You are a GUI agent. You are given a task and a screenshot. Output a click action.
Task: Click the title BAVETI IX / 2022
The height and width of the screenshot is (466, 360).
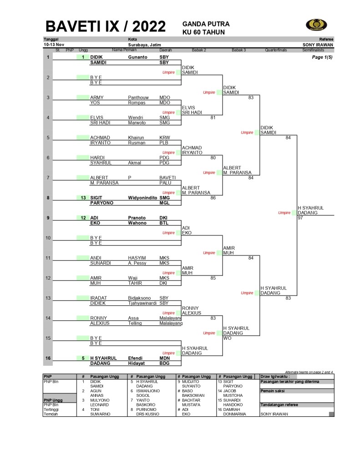[106, 27]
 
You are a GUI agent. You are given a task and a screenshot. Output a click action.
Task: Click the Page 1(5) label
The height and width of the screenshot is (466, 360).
[322, 58]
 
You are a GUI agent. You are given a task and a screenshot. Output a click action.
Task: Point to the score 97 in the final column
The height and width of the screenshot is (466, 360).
[300, 218]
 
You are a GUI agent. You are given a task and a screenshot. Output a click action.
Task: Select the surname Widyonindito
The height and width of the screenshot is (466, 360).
[143, 198]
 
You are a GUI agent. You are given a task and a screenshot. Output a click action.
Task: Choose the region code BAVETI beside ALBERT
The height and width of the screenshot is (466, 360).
[167, 178]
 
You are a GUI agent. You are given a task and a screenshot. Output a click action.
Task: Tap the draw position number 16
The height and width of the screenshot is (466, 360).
[48, 358]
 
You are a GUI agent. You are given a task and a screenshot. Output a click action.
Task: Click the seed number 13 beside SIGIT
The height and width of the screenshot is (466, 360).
[83, 198]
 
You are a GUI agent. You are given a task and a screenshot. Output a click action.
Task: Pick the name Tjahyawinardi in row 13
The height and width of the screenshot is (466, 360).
[143, 303]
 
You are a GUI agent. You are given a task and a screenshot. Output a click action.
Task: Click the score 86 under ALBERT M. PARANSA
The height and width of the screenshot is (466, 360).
[213, 198]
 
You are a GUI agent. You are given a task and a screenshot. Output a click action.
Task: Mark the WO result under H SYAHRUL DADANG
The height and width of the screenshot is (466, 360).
[227, 338]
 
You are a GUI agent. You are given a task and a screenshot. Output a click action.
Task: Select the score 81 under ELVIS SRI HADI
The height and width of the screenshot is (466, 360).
[213, 118]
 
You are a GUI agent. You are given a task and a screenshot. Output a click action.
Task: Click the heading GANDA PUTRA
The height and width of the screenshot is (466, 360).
[206, 24]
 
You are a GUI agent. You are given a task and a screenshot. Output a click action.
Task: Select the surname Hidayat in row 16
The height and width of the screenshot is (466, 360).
[137, 364]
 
